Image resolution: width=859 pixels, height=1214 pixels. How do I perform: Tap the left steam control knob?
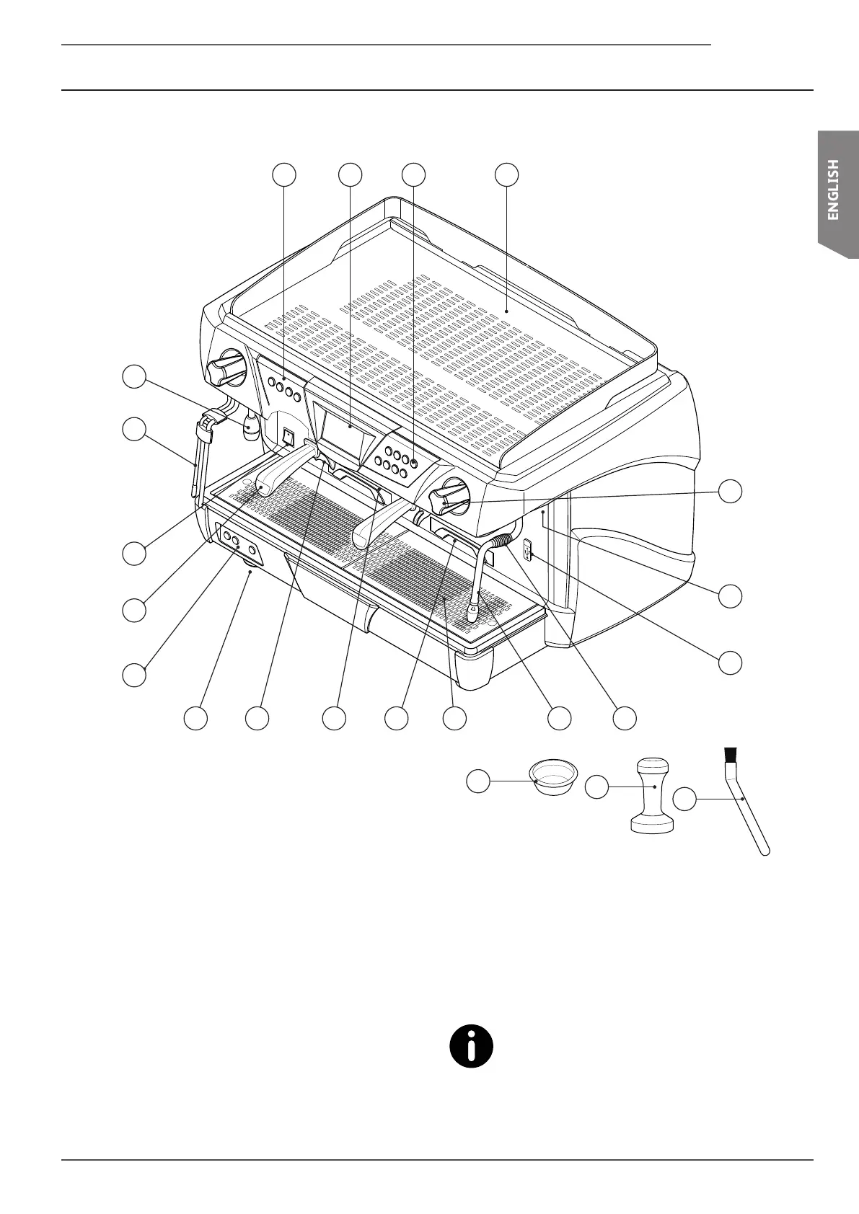tap(226, 368)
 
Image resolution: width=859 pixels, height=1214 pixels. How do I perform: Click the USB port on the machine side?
tap(527, 552)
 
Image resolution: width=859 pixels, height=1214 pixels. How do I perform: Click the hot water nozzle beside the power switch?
tap(250, 427)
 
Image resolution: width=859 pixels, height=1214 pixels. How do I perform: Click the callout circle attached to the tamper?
tap(595, 787)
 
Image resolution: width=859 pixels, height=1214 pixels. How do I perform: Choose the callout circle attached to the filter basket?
tap(477, 780)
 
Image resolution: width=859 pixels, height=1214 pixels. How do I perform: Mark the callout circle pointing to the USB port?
tap(731, 663)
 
